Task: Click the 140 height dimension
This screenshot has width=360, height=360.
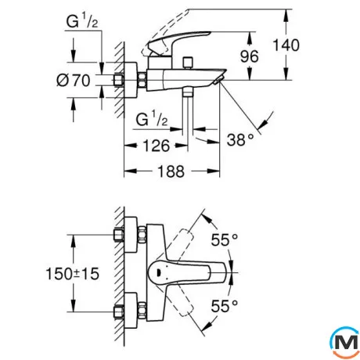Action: [x=286, y=45]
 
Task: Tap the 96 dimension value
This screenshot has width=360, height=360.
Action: [x=250, y=56]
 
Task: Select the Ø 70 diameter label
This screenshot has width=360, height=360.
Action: [x=74, y=80]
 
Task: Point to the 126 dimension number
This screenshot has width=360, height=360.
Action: [x=157, y=146]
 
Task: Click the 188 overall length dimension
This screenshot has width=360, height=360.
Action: [x=171, y=171]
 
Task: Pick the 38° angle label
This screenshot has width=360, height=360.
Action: [x=240, y=139]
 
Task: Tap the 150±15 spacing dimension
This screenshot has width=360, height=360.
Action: [x=73, y=274]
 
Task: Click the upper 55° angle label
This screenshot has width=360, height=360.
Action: [x=225, y=239]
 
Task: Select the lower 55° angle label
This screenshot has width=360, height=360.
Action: [x=225, y=306]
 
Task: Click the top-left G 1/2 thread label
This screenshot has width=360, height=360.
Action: [x=82, y=21]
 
